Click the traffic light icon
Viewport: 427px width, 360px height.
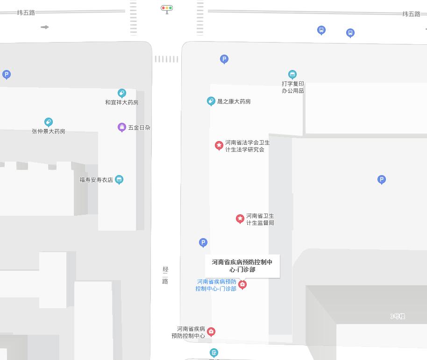(167, 8)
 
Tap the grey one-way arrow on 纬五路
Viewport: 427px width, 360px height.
(45, 27)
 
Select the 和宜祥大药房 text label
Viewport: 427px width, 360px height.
(121, 102)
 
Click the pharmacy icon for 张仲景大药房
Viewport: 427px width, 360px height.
(49, 122)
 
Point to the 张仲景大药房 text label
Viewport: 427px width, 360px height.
(49, 131)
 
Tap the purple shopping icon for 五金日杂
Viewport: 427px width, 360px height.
(122, 127)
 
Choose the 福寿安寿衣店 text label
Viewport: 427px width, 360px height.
(96, 180)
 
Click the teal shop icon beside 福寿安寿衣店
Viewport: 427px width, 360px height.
(119, 180)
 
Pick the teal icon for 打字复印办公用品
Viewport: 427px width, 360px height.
(292, 75)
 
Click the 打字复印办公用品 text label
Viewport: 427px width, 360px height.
(293, 87)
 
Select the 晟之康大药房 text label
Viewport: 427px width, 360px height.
(234, 101)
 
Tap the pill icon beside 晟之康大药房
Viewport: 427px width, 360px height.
(211, 101)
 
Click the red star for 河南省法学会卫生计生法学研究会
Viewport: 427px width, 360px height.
(219, 146)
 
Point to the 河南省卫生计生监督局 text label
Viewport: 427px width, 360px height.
(260, 219)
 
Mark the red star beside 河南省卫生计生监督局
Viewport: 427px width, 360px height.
(240, 219)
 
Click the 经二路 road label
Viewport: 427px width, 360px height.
(165, 275)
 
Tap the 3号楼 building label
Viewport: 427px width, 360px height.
(398, 316)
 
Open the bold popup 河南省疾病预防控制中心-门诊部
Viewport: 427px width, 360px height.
(242, 266)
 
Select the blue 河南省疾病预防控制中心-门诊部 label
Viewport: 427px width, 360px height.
(216, 285)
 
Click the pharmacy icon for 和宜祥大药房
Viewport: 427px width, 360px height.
(122, 93)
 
